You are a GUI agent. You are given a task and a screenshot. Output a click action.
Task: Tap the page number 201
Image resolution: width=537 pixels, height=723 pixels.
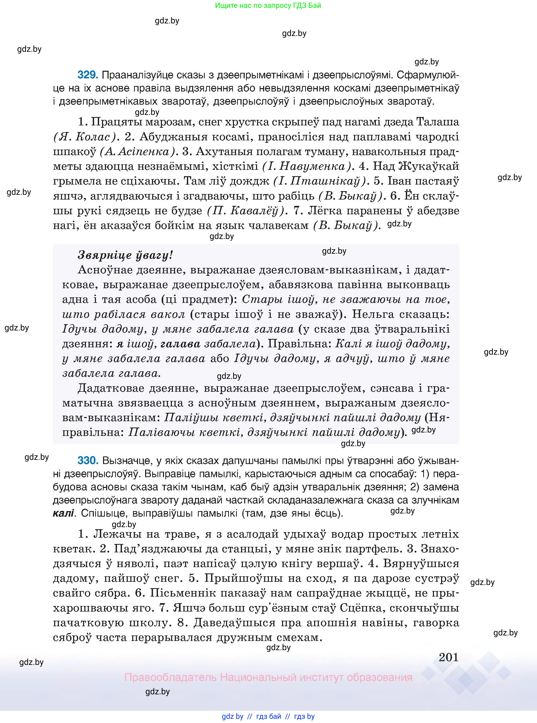(449, 657)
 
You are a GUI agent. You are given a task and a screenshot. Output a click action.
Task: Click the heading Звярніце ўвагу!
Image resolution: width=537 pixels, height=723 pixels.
(125, 255)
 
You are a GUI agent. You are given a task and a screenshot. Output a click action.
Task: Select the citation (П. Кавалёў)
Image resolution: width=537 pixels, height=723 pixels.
(247, 211)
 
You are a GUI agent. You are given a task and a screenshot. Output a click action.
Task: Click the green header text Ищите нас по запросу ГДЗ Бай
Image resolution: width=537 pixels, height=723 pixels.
(268, 6)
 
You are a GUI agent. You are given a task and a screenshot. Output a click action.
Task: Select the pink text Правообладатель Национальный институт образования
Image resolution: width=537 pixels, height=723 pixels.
(268, 677)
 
